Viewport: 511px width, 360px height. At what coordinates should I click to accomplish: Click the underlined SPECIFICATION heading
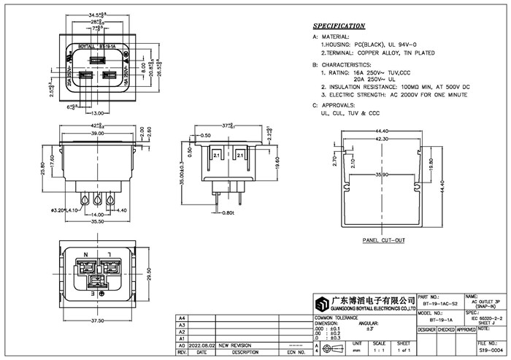(339, 26)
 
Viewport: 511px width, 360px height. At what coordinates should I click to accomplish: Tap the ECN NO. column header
(296, 351)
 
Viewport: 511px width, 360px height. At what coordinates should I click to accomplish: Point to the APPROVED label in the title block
(466, 329)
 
